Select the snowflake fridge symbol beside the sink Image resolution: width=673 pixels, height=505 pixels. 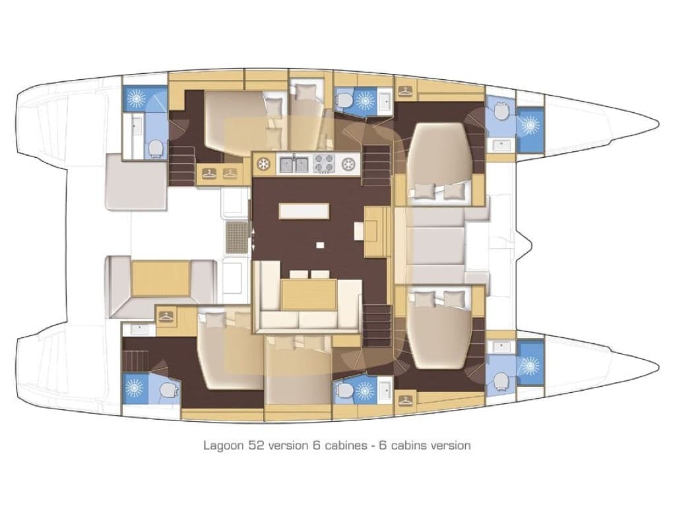pyautogui.click(x=263, y=163)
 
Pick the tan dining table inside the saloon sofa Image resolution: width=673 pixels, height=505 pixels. pyautogui.click(x=304, y=294)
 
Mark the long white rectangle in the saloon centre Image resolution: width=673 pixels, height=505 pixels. pyautogui.click(x=304, y=211)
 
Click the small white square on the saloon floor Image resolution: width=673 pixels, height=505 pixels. pyautogui.click(x=320, y=246)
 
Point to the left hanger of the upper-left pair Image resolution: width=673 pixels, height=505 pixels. pyautogui.click(x=208, y=174)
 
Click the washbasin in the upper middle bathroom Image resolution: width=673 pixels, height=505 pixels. pyautogui.click(x=384, y=100)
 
